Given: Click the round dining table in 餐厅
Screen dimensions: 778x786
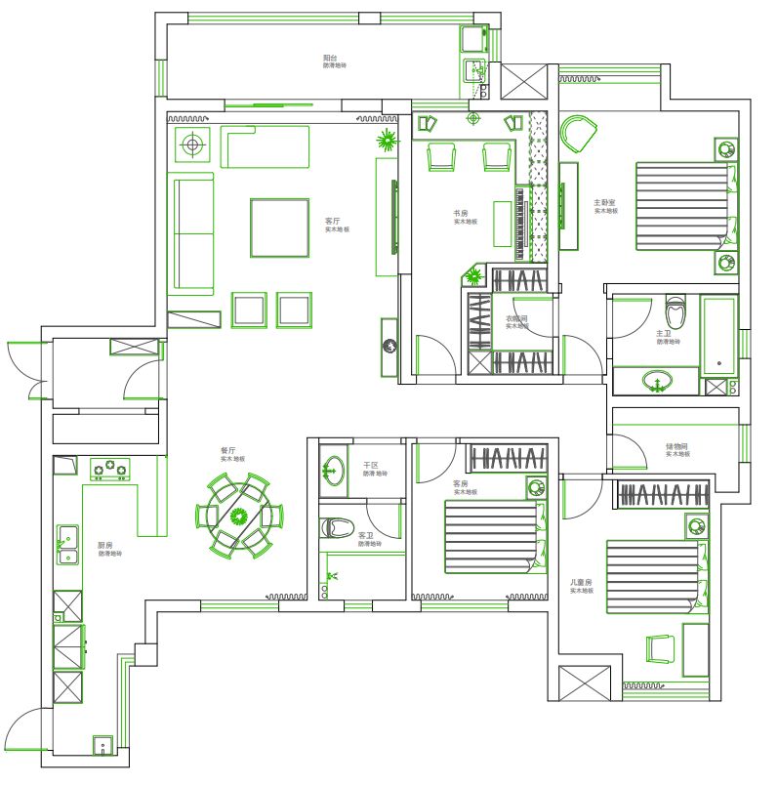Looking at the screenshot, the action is pyautogui.click(x=240, y=515).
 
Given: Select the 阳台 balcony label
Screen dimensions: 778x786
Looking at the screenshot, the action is pyautogui.click(x=334, y=59).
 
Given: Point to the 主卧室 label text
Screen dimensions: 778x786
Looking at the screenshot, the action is pyautogui.click(x=604, y=203).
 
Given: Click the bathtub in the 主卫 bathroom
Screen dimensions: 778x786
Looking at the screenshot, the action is pyautogui.click(x=720, y=334).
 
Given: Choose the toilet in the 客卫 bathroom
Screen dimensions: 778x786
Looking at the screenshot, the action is pyautogui.click(x=337, y=527).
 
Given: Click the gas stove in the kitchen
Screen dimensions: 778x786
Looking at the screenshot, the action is pyautogui.click(x=110, y=469).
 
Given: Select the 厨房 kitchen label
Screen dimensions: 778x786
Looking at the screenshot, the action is pyautogui.click(x=105, y=545).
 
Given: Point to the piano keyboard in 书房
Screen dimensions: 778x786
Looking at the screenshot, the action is pyautogui.click(x=518, y=225).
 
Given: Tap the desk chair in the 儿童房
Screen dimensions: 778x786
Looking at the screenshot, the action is pyautogui.click(x=660, y=648).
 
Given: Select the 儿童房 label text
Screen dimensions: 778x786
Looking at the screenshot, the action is pyautogui.click(x=582, y=583).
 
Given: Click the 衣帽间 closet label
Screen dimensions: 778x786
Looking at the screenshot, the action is pyautogui.click(x=515, y=318).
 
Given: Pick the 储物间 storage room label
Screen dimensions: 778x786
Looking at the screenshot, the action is pyautogui.click(x=676, y=446).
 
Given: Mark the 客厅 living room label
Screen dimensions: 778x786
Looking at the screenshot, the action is pyautogui.click(x=333, y=221).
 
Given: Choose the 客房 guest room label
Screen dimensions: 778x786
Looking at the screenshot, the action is pyautogui.click(x=460, y=483).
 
